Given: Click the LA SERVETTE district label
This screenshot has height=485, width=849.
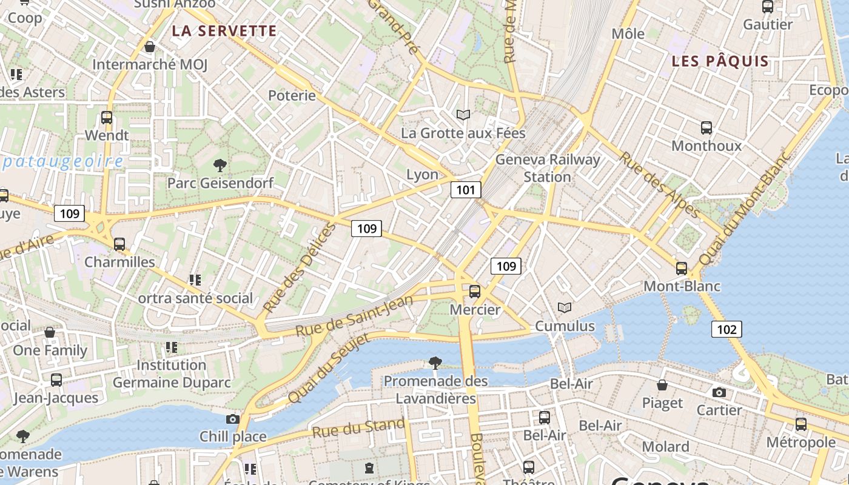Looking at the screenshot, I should [224, 31].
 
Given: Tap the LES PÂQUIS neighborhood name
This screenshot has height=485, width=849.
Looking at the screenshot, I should [720, 61].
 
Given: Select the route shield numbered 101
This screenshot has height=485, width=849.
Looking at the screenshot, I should [465, 190].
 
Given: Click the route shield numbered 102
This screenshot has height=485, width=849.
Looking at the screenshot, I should [726, 329].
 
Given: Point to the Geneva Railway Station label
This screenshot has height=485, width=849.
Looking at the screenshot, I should [548, 168].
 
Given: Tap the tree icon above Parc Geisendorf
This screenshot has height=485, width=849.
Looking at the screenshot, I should [220, 165].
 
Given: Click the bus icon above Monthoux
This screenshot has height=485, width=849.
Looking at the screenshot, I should [706, 128].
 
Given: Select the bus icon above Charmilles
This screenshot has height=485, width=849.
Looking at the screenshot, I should [119, 244].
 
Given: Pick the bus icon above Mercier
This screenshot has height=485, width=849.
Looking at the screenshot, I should [475, 292].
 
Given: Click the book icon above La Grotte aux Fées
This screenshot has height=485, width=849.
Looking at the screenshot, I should [463, 115].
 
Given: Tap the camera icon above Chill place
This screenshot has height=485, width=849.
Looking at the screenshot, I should [232, 419].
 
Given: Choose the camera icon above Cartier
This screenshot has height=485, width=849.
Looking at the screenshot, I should [719, 393].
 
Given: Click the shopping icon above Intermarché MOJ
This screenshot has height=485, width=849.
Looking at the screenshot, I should [150, 47].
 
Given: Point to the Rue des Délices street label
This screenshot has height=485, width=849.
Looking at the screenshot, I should [299, 268].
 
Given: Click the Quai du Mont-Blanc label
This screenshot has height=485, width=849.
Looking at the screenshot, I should [745, 208].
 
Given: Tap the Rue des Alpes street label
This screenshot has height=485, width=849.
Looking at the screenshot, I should [658, 184].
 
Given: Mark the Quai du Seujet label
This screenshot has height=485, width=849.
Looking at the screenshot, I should [328, 369].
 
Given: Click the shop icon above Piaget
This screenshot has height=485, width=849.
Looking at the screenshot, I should [662, 385].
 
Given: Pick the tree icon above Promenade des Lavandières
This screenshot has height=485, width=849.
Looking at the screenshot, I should [435, 363].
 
